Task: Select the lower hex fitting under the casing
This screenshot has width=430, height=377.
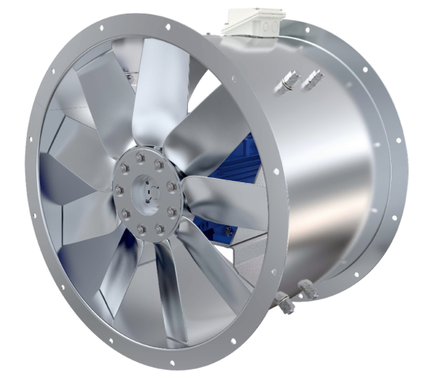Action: click(288, 305)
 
